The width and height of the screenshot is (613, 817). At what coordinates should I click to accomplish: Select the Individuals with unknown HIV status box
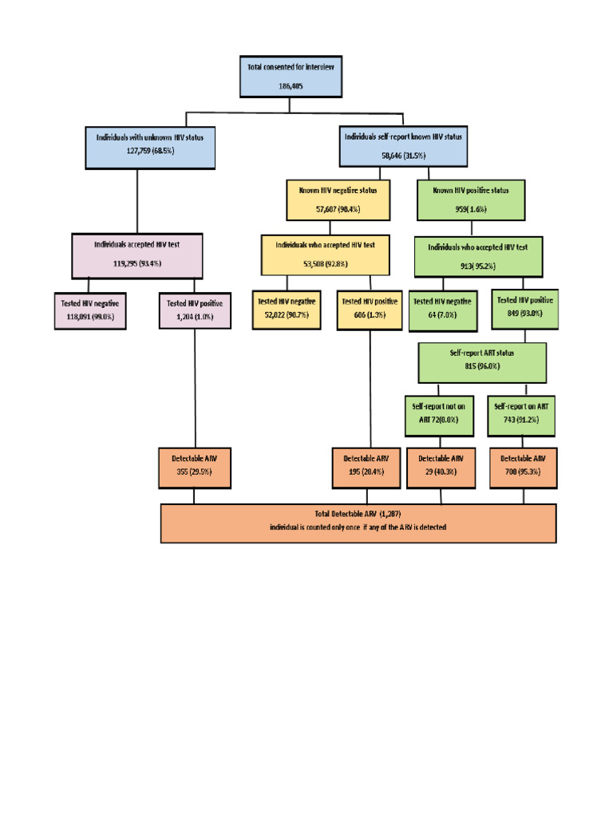tap(149, 145)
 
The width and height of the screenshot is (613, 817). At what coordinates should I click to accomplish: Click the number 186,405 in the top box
tap(291, 85)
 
